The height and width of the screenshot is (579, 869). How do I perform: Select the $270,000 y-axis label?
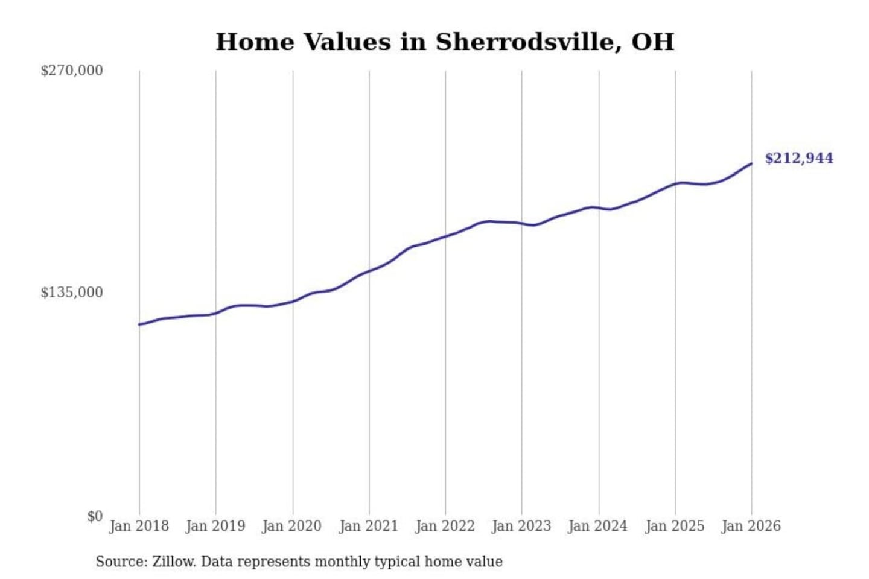(x=72, y=71)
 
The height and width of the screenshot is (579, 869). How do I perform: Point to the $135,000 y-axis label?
(x=72, y=293)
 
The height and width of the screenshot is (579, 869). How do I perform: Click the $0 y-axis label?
(x=95, y=516)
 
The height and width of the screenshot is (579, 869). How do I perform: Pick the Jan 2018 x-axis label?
(x=139, y=526)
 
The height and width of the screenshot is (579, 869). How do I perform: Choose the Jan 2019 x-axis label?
(x=215, y=526)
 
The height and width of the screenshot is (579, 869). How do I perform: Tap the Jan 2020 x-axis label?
(x=292, y=526)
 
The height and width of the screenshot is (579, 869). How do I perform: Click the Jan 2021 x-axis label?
(x=369, y=526)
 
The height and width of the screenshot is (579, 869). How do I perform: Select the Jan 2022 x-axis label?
(x=445, y=526)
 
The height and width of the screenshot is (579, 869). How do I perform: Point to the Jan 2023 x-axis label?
(x=522, y=526)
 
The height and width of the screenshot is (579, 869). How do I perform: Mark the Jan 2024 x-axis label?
(x=598, y=526)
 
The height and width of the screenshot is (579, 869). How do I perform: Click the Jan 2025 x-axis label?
(x=675, y=526)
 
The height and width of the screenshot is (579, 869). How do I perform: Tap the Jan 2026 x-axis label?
(x=751, y=526)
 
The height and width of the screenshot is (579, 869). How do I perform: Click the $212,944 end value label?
(x=799, y=159)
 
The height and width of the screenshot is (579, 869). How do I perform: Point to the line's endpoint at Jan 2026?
(x=751, y=163)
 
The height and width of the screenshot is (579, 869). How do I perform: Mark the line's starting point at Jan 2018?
(x=139, y=324)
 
